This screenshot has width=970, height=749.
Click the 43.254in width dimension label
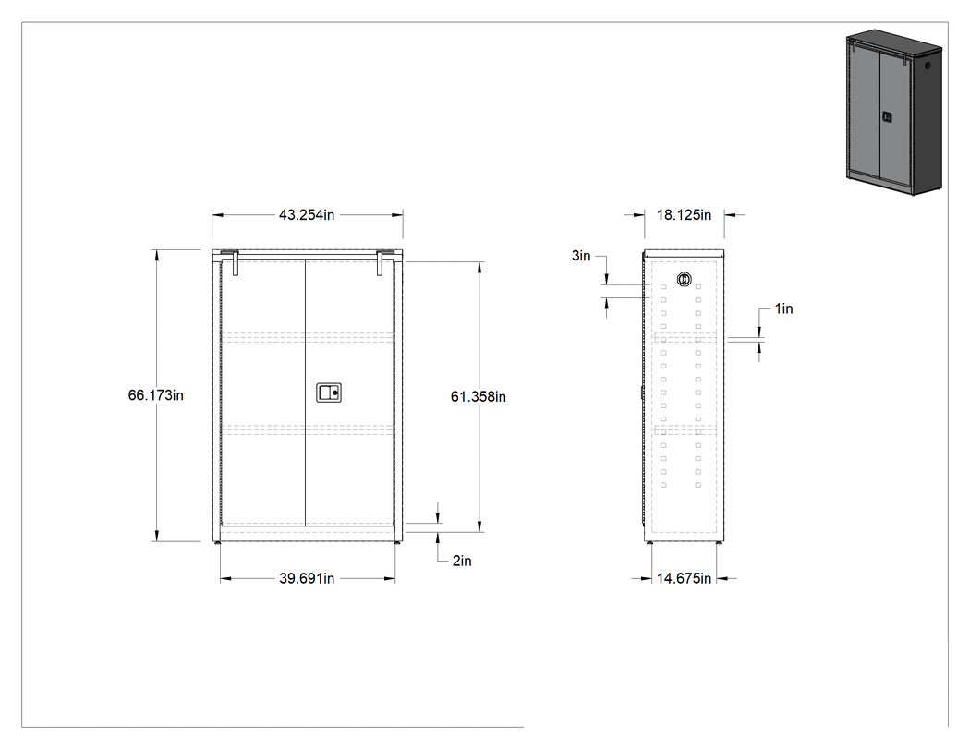click(x=306, y=214)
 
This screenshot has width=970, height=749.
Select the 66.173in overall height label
click(x=156, y=395)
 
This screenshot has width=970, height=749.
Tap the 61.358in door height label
click(x=479, y=396)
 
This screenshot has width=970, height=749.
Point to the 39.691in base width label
click(x=306, y=578)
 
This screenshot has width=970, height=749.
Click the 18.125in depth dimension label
click(x=684, y=214)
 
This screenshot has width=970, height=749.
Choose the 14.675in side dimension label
click(x=684, y=578)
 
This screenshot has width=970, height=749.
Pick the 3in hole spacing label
click(x=581, y=256)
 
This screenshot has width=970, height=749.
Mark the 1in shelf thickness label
click(x=783, y=308)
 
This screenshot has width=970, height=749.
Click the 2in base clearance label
click(x=462, y=561)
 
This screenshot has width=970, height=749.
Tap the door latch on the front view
click(x=329, y=393)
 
